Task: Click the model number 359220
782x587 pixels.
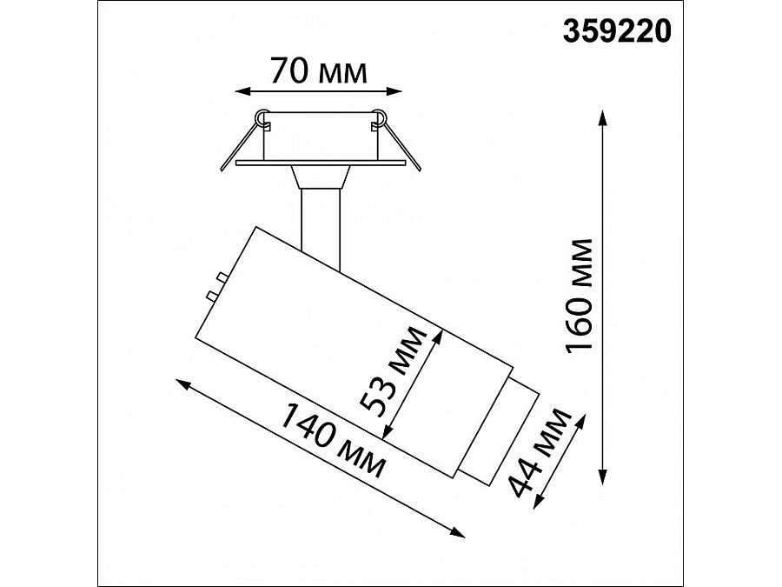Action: pos(617,32)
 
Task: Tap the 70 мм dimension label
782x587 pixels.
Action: pos(319,71)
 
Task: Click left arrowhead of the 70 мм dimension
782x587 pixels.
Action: pos(242,91)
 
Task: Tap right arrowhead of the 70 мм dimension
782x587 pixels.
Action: pos(394,91)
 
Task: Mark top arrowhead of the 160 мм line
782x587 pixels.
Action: pos(603,117)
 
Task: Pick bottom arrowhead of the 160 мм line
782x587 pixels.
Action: pos(603,477)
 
